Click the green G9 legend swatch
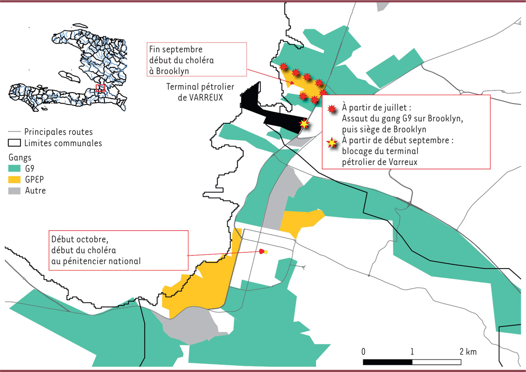point(14,168)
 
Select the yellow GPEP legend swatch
point(14,179)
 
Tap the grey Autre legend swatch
point(14,191)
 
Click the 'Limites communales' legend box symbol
point(14,143)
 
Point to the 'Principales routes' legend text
point(58,132)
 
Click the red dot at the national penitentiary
point(262,251)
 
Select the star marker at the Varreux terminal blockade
point(303,124)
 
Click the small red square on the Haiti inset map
point(100,88)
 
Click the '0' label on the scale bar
point(363,352)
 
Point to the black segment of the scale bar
point(387,362)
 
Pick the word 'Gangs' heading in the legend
point(20,157)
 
